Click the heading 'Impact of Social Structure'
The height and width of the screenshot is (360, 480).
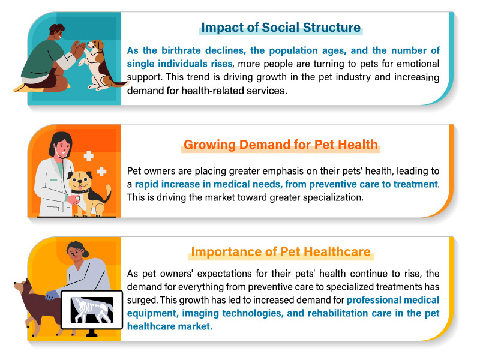click(x=281, y=28)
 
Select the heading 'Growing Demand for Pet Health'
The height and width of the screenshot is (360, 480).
click(x=281, y=145)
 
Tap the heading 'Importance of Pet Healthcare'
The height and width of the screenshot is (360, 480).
click(x=281, y=252)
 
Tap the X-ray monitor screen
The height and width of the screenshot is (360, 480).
click(x=92, y=310)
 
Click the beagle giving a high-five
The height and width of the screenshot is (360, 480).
click(x=98, y=65)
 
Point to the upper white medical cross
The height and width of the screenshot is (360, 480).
click(x=88, y=156)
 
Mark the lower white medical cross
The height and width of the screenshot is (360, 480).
click(x=101, y=172)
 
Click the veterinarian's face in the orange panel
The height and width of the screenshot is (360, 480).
click(x=63, y=147)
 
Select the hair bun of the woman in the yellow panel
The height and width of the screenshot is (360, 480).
click(x=85, y=253)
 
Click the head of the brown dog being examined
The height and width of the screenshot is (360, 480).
click(x=22, y=287)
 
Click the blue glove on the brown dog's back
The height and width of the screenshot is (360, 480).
click(x=51, y=295)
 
